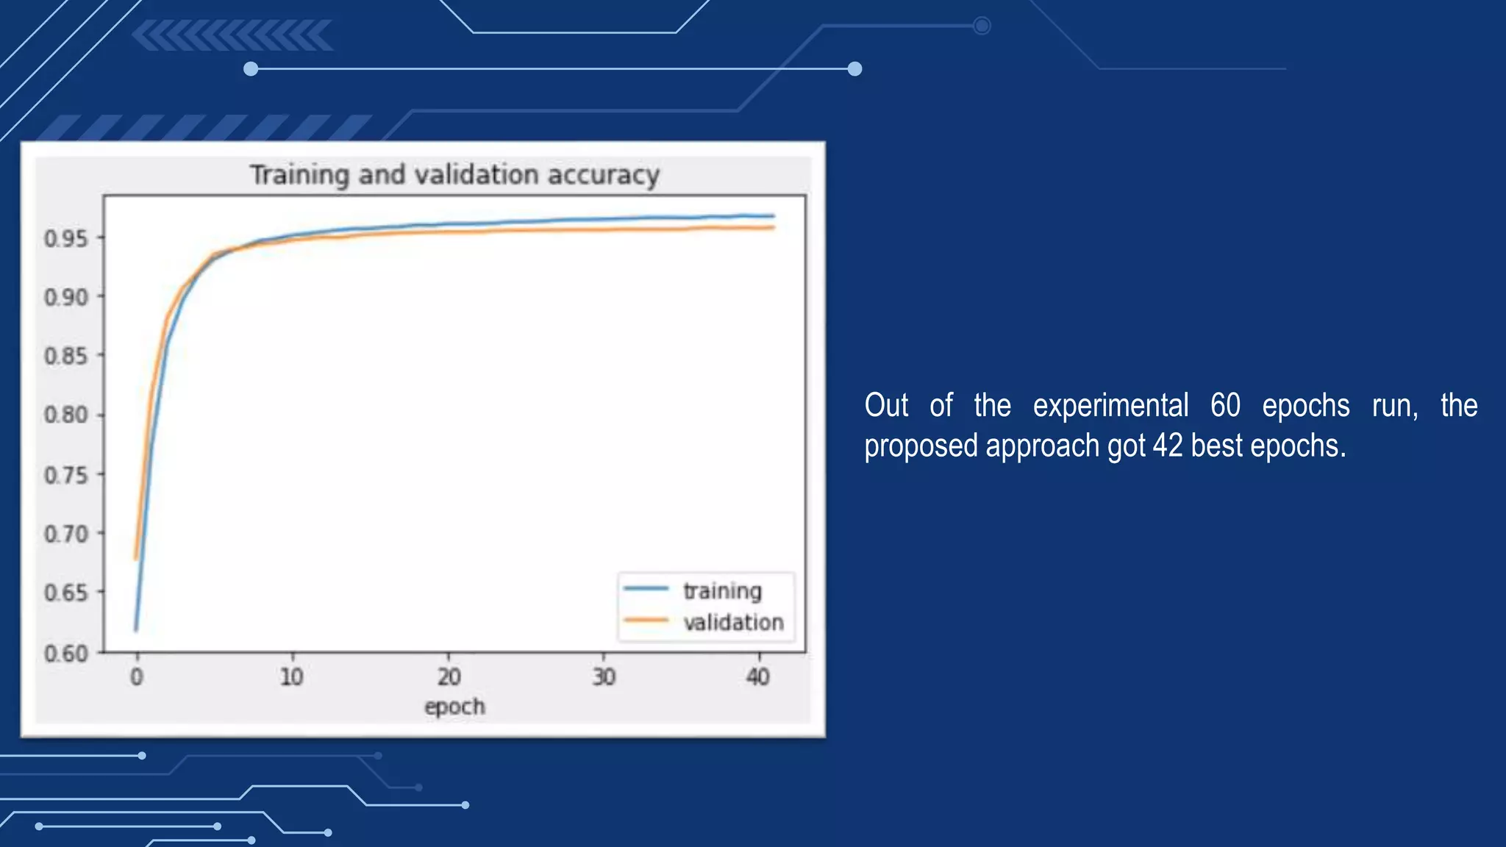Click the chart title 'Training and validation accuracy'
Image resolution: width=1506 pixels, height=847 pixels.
coord(454,175)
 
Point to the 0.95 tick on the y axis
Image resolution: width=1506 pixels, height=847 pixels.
coord(66,239)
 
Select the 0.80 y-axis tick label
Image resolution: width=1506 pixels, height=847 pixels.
coord(66,415)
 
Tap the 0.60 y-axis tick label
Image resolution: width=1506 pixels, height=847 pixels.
coord(66,653)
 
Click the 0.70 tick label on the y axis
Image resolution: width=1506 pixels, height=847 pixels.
coord(66,534)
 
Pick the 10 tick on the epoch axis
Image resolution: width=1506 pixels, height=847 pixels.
coord(292,676)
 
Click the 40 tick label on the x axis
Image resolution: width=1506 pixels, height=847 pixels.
coord(758,676)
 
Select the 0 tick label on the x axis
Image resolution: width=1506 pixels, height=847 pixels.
coord(137,676)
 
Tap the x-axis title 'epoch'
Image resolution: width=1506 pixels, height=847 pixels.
coord(454,707)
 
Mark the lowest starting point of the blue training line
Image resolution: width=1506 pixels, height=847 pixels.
coord(136,630)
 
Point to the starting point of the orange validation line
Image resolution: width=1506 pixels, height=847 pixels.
coord(136,559)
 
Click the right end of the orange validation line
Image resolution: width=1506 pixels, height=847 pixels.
coord(774,228)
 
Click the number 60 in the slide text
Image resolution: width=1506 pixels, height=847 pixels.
coord(1225,406)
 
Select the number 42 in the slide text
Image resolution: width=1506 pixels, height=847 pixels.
coord(1168,446)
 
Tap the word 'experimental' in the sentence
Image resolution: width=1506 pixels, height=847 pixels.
coord(1110,406)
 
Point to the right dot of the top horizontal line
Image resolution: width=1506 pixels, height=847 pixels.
coord(854,69)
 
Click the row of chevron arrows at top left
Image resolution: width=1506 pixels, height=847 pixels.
coord(233,36)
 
